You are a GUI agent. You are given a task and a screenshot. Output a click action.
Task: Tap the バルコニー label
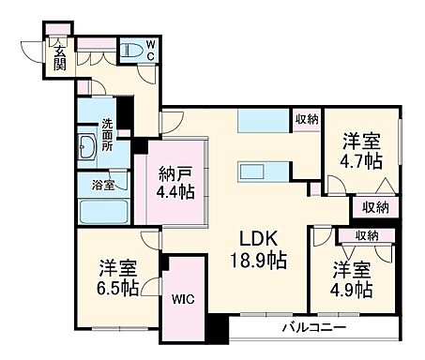314,327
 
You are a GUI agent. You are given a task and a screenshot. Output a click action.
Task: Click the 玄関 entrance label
58,58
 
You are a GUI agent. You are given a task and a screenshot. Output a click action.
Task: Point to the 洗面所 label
110,133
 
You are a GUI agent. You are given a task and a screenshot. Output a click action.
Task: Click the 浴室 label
103,185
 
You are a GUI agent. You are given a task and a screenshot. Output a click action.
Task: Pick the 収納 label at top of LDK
307,119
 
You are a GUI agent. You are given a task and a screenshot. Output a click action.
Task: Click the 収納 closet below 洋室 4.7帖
375,207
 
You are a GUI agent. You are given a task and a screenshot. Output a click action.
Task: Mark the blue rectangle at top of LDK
256,122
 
